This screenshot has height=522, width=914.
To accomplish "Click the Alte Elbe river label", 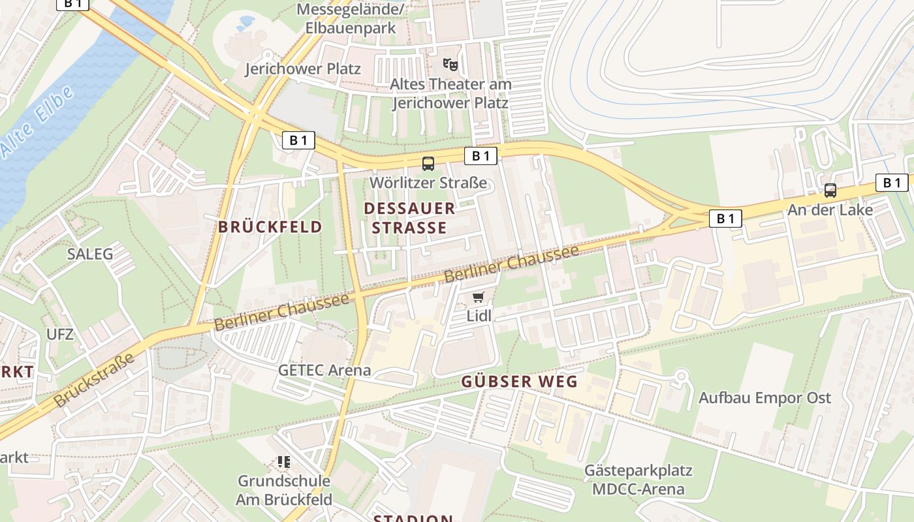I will (38, 121).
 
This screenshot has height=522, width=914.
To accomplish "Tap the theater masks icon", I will (450, 65).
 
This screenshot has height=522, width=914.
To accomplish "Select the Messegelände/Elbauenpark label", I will (350, 19).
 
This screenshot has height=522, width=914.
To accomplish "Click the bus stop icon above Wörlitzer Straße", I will (428, 164).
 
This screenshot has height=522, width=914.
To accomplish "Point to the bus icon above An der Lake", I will (830, 191).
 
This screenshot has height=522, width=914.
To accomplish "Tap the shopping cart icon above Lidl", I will (479, 298).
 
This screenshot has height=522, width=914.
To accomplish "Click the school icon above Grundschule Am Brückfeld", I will (284, 462).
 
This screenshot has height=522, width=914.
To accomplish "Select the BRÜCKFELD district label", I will (270, 227).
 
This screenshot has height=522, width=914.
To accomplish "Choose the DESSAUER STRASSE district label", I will (409, 218).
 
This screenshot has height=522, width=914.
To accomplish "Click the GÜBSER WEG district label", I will (520, 382).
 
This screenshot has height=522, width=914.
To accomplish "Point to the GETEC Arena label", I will (324, 370).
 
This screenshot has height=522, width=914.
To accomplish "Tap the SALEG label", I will (90, 254).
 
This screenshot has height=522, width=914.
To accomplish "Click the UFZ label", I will (60, 335).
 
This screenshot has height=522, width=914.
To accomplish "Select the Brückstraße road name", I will (95, 380).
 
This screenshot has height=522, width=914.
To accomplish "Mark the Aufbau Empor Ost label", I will (764, 397).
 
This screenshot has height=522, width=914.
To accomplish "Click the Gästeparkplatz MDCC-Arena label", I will (638, 480).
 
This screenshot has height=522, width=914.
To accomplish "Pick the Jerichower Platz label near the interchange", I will (302, 69).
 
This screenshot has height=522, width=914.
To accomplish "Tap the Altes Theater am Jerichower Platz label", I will (450, 93).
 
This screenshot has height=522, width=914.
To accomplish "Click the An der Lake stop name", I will (830, 210).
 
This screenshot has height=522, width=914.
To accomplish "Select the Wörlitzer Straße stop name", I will (428, 183).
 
